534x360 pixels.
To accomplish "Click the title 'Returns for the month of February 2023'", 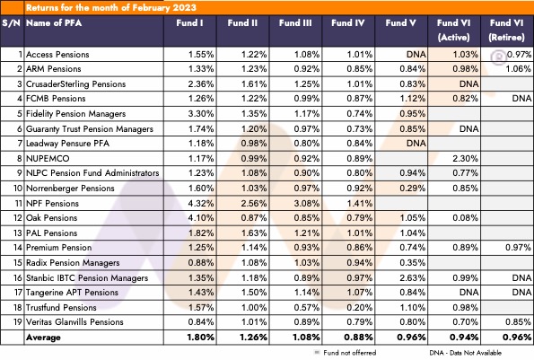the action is pos(111,7).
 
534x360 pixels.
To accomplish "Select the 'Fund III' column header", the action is pos(295,22).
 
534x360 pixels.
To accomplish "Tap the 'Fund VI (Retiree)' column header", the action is pos(506,30).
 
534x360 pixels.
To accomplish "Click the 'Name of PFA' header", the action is pos(54,22).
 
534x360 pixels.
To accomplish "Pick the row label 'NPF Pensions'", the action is pos(52,203).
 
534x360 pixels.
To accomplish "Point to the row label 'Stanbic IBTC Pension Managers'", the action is pos(87,278).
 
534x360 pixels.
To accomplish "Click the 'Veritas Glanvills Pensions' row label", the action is pos(74,322).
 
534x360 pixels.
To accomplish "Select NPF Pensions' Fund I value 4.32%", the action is pos(201,203).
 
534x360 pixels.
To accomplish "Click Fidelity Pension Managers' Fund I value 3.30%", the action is pos(201,113).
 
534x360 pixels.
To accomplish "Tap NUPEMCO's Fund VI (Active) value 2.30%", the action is pos(465,158).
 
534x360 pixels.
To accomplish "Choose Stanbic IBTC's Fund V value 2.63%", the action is pos(413,278).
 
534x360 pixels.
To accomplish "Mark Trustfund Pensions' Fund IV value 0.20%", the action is pos(360,308).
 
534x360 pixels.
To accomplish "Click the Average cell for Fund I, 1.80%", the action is pos(201,338).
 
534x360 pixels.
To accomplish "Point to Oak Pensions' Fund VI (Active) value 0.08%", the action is pos(465,218).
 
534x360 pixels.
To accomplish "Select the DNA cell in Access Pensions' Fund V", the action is pos(416,54).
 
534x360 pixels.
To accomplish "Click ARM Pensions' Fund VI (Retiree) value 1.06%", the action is pos(518,69).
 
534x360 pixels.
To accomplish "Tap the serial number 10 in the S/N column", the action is pos(18,188).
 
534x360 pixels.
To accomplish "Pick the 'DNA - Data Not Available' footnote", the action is pos(466,353).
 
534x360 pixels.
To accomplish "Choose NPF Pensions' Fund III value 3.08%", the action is pos(307,203).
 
